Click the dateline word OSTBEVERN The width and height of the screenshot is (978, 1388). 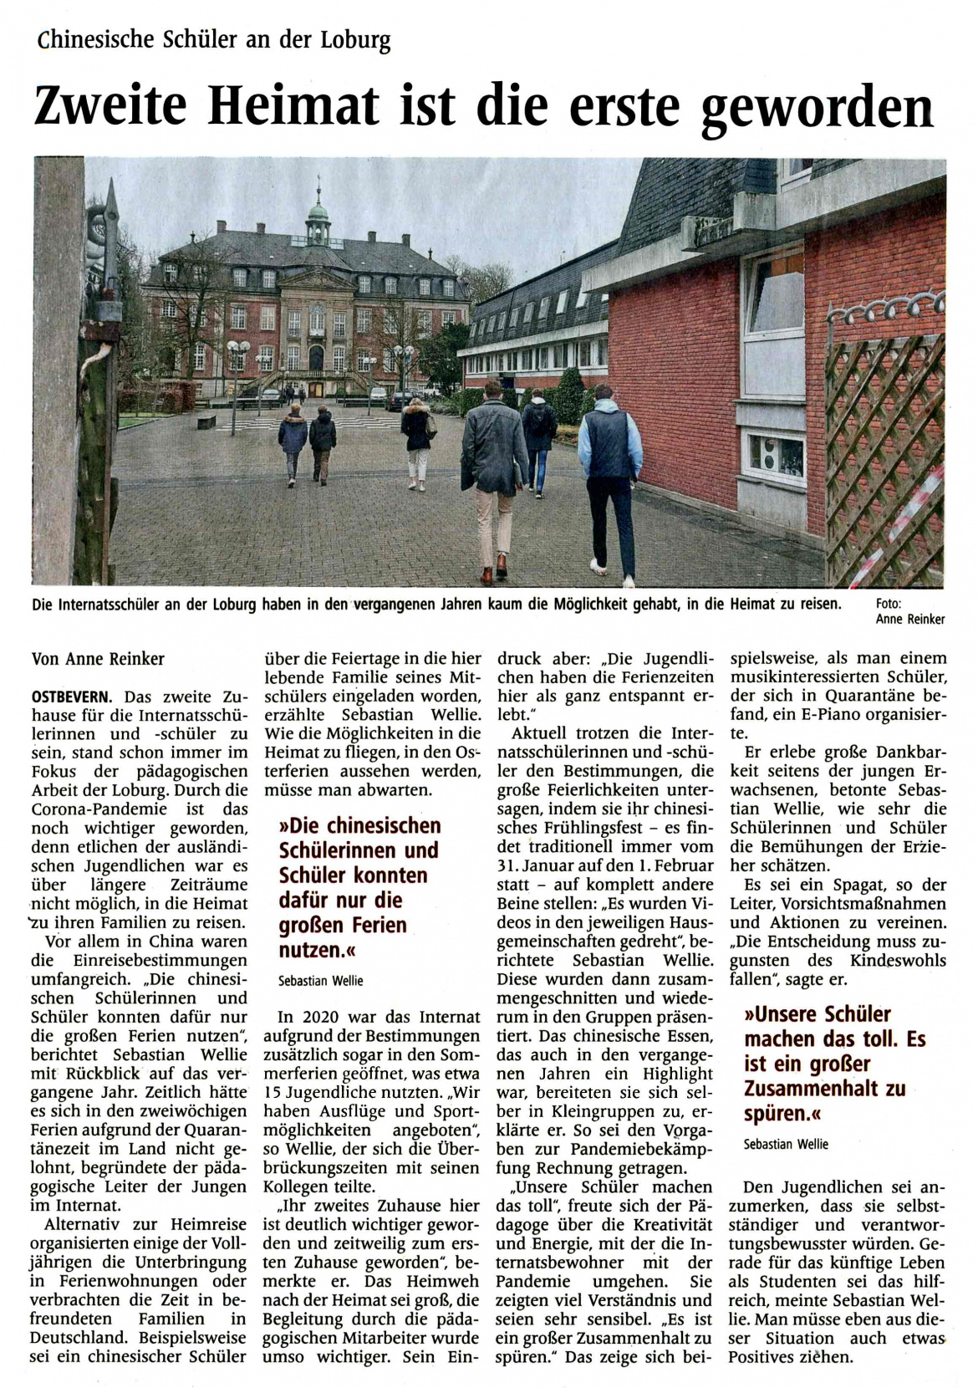click(x=75, y=696)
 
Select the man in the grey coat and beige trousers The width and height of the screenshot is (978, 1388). click(x=493, y=477)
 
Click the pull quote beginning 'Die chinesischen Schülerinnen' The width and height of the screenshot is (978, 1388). click(x=359, y=888)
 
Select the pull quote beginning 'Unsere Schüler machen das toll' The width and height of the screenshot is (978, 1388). click(x=833, y=1064)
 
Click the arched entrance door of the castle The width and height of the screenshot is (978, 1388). click(x=316, y=359)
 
